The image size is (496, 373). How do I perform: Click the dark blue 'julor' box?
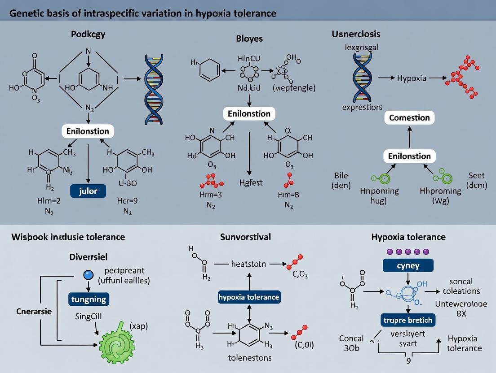pyautogui.click(x=88, y=191)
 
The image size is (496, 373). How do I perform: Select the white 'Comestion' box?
pyautogui.click(x=409, y=118)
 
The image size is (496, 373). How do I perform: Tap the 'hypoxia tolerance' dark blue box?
pyautogui.click(x=248, y=297)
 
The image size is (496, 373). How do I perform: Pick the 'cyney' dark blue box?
pyautogui.click(x=408, y=265)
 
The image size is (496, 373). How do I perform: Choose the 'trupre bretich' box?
pyautogui.click(x=408, y=320)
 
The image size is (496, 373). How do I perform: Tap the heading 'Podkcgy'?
pyautogui.click(x=88, y=34)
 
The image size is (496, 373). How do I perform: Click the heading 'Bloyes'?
pyautogui.click(x=249, y=39)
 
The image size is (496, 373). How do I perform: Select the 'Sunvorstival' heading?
pyautogui.click(x=245, y=237)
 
